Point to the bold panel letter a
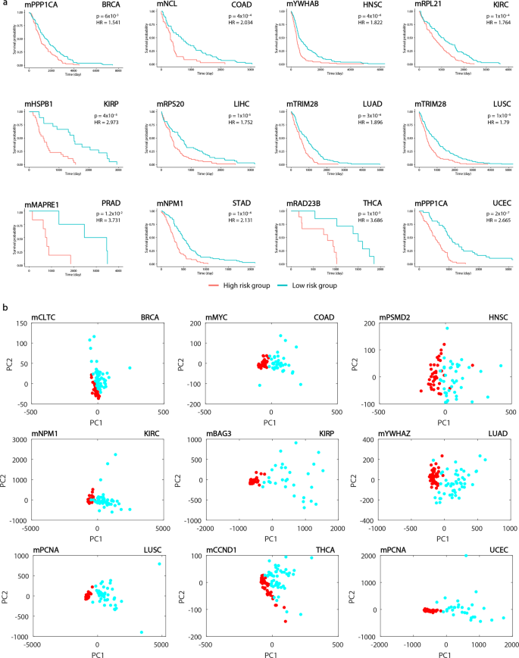(x=6, y=5)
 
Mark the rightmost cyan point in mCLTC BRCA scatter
(x=130, y=368)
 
